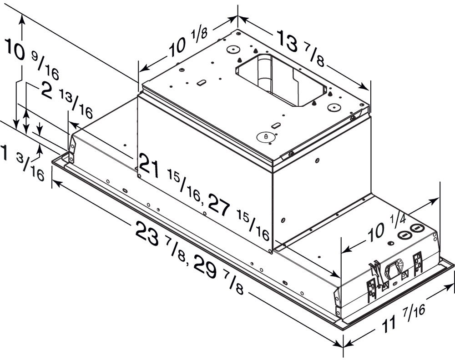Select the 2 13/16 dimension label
66,98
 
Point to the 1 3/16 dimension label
23,162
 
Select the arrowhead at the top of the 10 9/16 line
21,16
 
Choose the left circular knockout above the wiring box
403,235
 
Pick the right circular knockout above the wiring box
417,228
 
